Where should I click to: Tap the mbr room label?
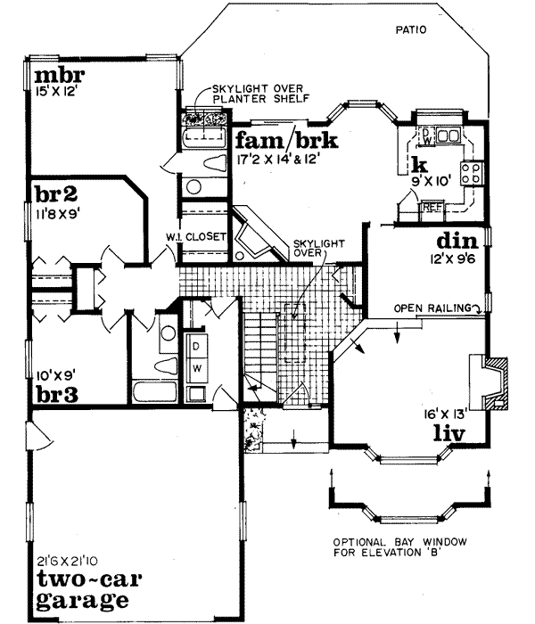pyautogui.click(x=53, y=72)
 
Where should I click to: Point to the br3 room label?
pyautogui.click(x=53, y=392)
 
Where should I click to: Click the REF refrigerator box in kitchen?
pyautogui.click(x=432, y=208)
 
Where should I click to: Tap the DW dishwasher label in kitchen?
pyautogui.click(x=426, y=137)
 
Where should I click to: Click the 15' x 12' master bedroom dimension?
pyautogui.click(x=53, y=89)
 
